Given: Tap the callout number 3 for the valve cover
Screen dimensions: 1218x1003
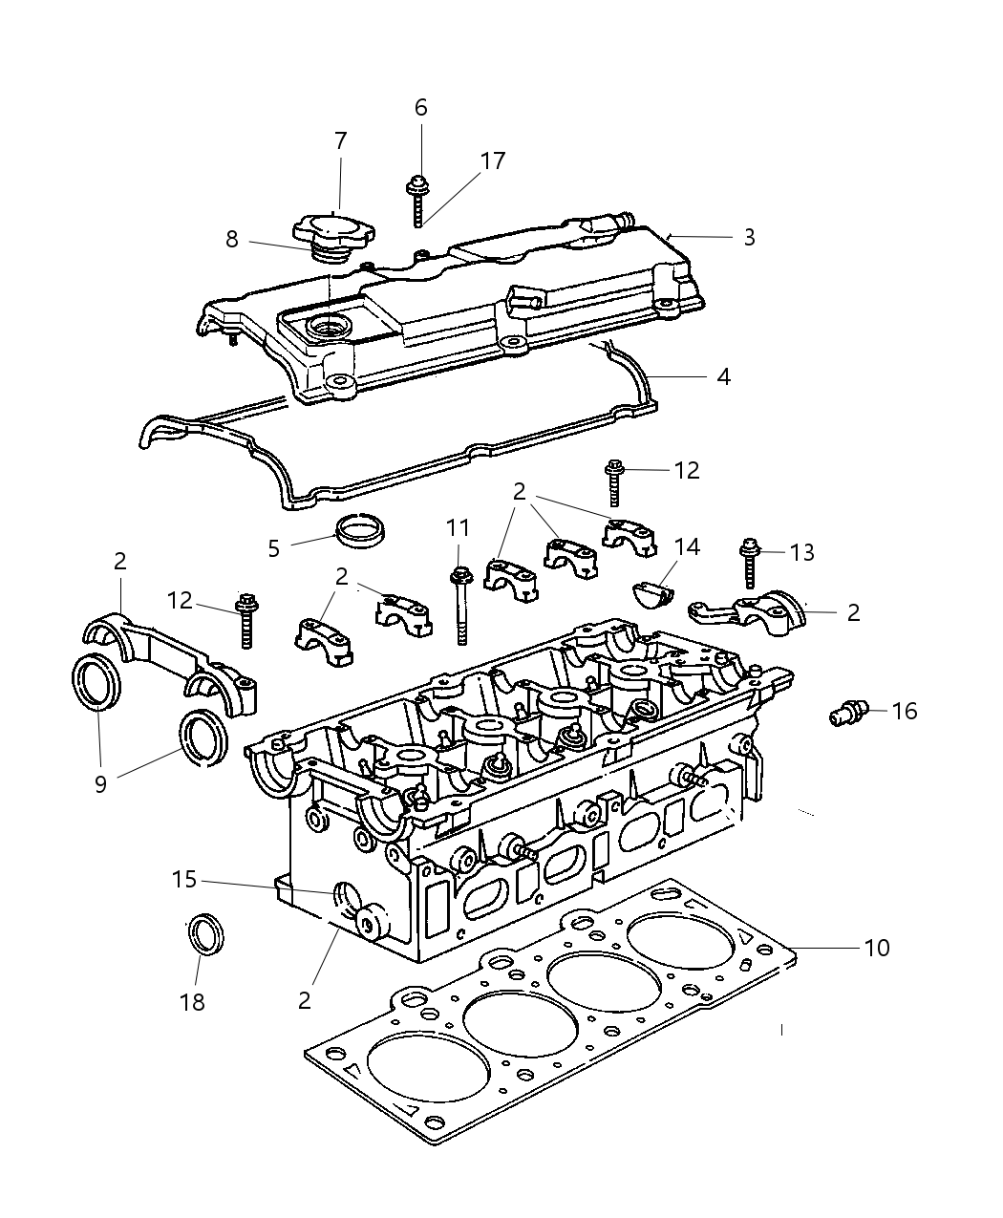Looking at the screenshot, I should [749, 237].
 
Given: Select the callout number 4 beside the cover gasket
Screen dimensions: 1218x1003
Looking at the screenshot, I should [723, 377].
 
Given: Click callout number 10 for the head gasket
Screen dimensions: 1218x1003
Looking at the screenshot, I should [876, 948].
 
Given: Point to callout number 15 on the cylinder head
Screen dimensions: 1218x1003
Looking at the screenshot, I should [184, 878].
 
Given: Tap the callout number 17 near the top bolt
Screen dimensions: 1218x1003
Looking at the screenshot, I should [493, 160].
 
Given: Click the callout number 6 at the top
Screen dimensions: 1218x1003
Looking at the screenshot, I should [421, 108].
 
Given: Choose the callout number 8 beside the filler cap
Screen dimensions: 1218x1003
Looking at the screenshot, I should [232, 239].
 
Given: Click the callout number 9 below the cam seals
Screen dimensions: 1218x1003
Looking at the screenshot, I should [100, 782].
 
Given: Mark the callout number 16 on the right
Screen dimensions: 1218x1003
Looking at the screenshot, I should [904, 711].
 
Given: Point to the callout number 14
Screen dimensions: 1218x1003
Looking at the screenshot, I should [687, 546].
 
